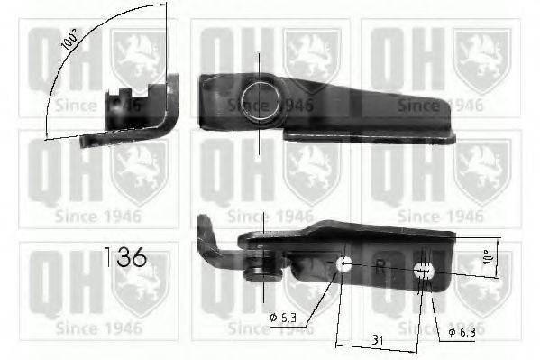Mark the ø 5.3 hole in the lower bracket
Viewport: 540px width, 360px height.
pyautogui.click(x=343, y=265)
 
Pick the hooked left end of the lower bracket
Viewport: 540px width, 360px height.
pyautogui.click(x=206, y=228)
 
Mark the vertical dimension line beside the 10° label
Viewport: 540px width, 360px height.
pyautogui.click(x=497, y=257)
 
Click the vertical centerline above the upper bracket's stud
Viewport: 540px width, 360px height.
pyautogui.click(x=260, y=63)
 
